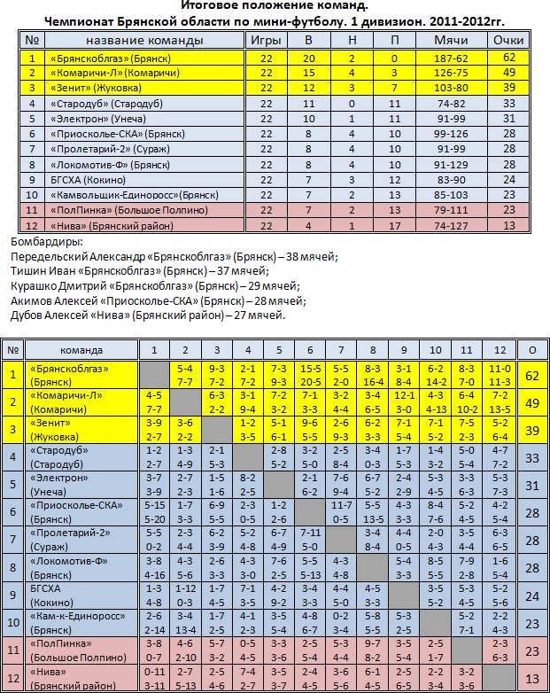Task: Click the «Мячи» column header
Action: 452,42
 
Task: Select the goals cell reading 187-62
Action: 452,58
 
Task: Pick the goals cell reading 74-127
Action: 452,225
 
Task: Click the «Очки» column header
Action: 508,42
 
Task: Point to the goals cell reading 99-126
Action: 452,134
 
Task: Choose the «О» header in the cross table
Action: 532,349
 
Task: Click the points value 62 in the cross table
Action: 532,376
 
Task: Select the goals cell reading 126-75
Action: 452,73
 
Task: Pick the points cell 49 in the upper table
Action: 508,73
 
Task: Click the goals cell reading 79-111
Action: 452,209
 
